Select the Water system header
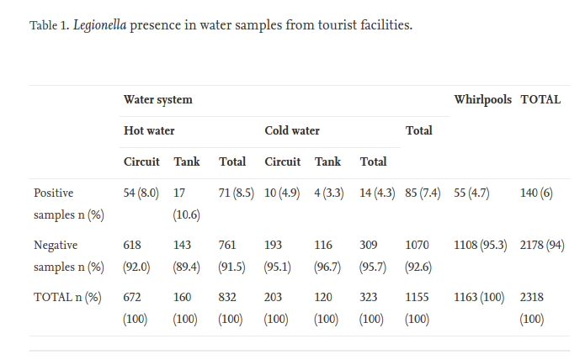click(157, 99)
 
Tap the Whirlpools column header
click(482, 99)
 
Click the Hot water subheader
click(149, 130)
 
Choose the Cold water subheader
click(292, 130)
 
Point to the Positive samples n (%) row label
click(68, 204)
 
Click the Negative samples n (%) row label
click(68, 257)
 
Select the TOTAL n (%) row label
click(67, 298)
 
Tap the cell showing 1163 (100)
click(482, 298)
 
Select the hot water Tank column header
click(187, 161)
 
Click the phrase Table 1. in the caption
click(50, 25)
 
